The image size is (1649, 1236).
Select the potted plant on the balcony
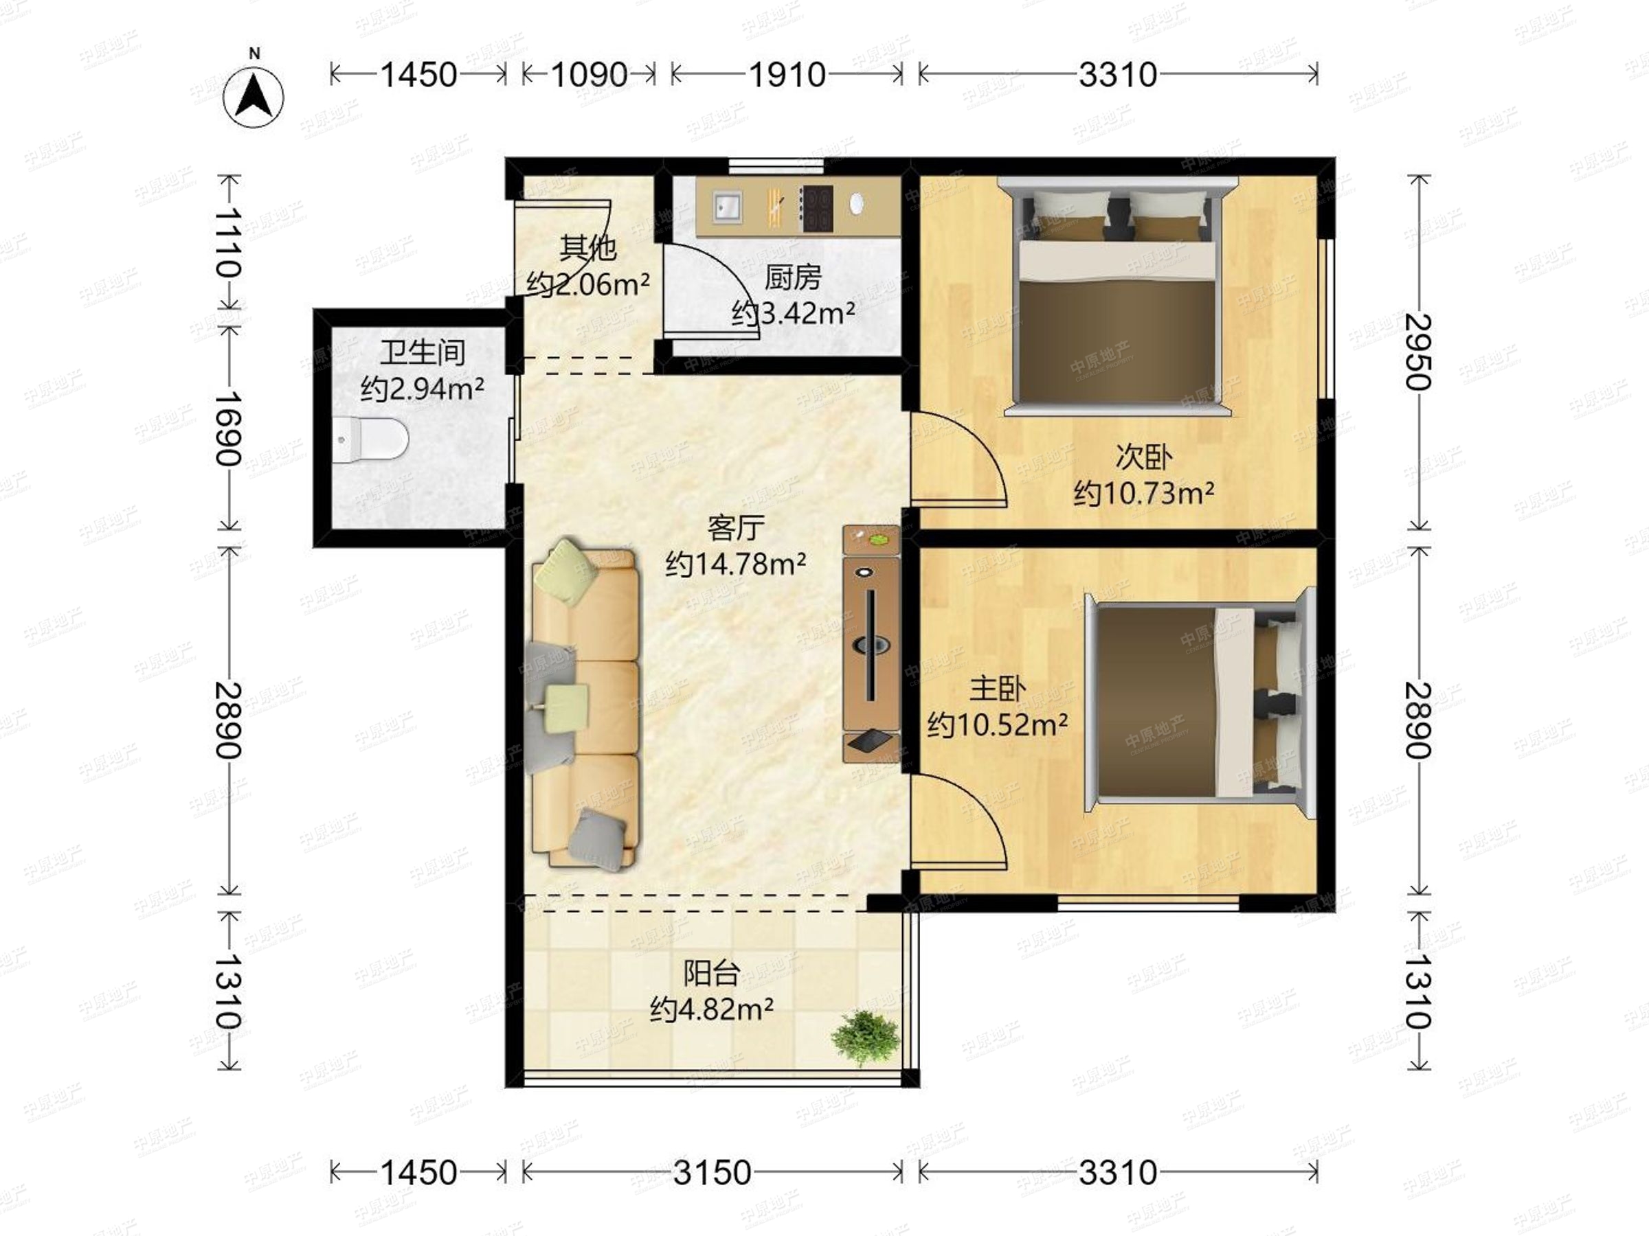pyautogui.click(x=866, y=1037)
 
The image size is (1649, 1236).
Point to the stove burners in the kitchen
pyautogui.click(x=816, y=208)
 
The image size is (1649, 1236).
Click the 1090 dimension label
pyautogui.click(x=589, y=74)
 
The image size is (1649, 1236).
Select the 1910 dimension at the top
pyautogui.click(x=787, y=74)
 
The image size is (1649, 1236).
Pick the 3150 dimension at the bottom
pyautogui.click(x=713, y=1173)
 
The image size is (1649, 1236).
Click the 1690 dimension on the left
pyautogui.click(x=229, y=428)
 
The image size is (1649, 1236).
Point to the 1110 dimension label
pyautogui.click(x=229, y=242)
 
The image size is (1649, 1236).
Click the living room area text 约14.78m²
pyautogui.click(x=736, y=564)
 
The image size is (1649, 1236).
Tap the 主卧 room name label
pyautogui.click(x=998, y=689)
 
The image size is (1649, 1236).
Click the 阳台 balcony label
pyautogui.click(x=712, y=973)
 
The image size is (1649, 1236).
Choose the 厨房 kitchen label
pyautogui.click(x=793, y=278)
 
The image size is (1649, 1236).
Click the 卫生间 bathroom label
pyautogui.click(x=423, y=352)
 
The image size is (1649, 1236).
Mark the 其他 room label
pyautogui.click(x=588, y=247)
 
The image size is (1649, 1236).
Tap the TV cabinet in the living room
pyautogui.click(x=871, y=643)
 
